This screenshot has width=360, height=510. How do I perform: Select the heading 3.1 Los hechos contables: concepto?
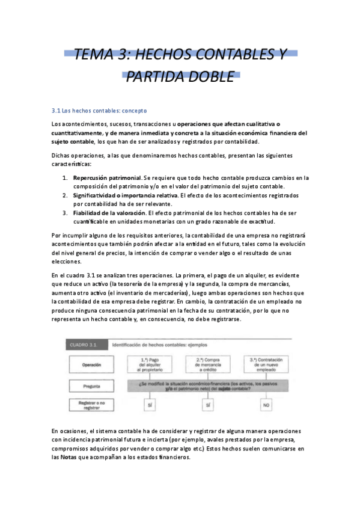tap(99, 111)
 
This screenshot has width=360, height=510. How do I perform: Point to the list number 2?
tap(65, 195)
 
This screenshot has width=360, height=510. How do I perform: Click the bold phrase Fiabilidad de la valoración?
tap(109, 213)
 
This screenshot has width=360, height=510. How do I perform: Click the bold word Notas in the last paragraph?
tap(68, 457)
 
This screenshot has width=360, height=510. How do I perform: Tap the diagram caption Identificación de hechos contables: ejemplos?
tap(159, 345)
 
